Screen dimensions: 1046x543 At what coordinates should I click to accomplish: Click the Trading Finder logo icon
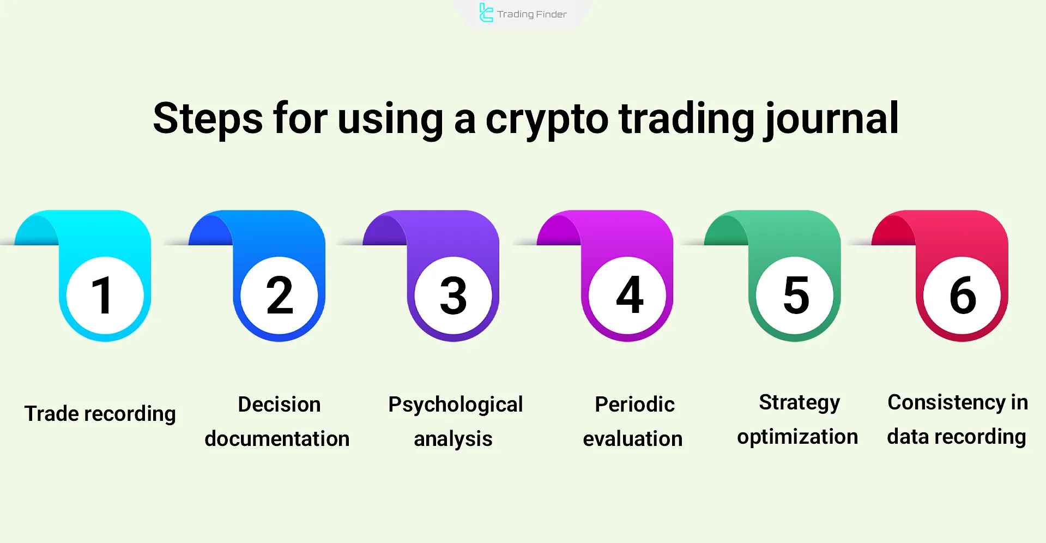tap(486, 13)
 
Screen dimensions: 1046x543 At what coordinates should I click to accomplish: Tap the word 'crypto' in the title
tap(546, 120)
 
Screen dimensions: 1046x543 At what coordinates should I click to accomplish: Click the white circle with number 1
tap(105, 295)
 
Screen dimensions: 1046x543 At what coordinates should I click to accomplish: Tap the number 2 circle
tap(279, 295)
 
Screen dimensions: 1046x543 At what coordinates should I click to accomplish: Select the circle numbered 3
tap(454, 295)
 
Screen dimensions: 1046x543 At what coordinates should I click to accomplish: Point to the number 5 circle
tap(795, 295)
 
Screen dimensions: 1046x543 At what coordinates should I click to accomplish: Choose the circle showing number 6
tap(963, 295)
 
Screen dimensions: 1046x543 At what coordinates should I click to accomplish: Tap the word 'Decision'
tap(279, 405)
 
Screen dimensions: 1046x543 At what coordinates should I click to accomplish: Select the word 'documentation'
tap(277, 438)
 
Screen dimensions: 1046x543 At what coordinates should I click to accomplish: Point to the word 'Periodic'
tap(634, 405)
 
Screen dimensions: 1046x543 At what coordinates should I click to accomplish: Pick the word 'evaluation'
tap(632, 438)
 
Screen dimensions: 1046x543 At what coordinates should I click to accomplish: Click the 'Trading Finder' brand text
tap(531, 14)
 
